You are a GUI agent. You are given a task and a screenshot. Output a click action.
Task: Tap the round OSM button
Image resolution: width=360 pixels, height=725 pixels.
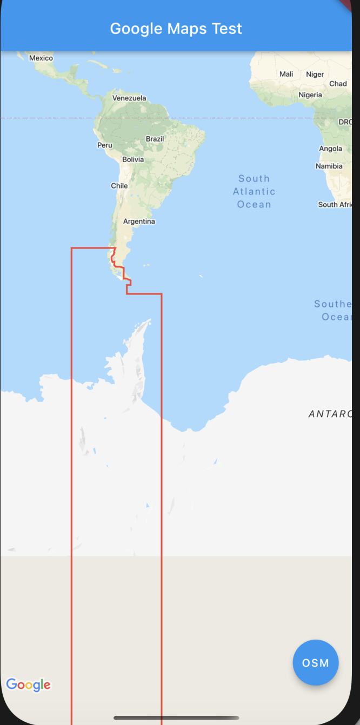point(316,663)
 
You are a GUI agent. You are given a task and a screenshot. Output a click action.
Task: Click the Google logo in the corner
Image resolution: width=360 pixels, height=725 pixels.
point(29,685)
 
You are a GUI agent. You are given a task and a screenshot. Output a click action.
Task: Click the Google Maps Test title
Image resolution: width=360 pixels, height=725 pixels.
point(176,29)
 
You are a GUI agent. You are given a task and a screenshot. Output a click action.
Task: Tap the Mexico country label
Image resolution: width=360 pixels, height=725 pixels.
point(41,58)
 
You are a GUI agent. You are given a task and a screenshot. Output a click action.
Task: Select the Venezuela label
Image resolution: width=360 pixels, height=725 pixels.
point(129,98)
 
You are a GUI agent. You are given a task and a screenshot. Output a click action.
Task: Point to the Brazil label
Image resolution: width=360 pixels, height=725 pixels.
point(155,139)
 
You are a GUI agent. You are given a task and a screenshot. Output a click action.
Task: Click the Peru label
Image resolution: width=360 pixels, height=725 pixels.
point(105,145)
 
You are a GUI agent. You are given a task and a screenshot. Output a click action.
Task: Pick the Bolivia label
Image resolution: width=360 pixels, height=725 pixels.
point(133,159)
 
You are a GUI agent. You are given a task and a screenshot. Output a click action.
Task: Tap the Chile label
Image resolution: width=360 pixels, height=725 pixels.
point(119,186)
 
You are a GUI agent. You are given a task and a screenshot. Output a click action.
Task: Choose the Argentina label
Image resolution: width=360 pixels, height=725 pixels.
point(139,221)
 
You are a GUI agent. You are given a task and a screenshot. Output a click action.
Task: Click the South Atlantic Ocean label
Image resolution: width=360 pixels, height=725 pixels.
point(254,192)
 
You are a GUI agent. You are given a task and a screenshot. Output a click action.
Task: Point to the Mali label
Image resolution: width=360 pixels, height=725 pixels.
point(286,74)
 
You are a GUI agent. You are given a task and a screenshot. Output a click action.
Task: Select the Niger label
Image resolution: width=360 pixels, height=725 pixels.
point(315,75)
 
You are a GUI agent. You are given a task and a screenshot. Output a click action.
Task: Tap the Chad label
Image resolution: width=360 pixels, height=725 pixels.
point(338,84)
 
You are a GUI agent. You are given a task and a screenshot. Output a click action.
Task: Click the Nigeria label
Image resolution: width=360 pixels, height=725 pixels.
point(310,95)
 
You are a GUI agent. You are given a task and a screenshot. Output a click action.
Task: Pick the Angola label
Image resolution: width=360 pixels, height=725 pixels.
point(331,149)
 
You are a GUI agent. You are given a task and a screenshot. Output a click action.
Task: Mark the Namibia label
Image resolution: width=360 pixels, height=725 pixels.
point(329,166)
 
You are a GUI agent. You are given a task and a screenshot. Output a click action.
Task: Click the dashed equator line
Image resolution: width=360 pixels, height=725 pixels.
point(54,118)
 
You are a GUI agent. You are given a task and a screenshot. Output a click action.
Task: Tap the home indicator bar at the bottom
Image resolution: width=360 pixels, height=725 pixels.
point(176,718)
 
